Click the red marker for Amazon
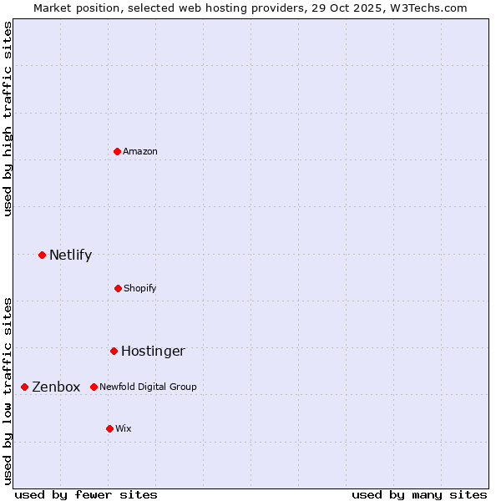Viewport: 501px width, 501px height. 117,151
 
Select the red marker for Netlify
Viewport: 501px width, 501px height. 42,255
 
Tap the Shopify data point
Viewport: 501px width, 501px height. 118,288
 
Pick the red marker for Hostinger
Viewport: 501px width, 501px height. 114,351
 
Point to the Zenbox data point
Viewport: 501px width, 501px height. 24,387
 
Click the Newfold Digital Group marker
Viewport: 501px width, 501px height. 94,387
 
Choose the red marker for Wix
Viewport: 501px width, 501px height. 109,428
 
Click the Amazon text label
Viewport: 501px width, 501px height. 140,151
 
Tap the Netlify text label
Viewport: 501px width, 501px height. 70,255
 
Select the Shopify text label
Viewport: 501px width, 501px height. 140,288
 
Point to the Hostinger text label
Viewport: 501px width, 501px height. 153,351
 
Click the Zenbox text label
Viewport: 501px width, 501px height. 56,387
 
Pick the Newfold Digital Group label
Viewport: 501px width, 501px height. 148,387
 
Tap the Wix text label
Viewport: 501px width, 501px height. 124,428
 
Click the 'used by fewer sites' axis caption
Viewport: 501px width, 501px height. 86,494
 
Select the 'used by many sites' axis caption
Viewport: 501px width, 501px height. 419,494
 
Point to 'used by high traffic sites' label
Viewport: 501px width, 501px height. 8,119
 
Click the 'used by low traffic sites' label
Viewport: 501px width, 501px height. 8,390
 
